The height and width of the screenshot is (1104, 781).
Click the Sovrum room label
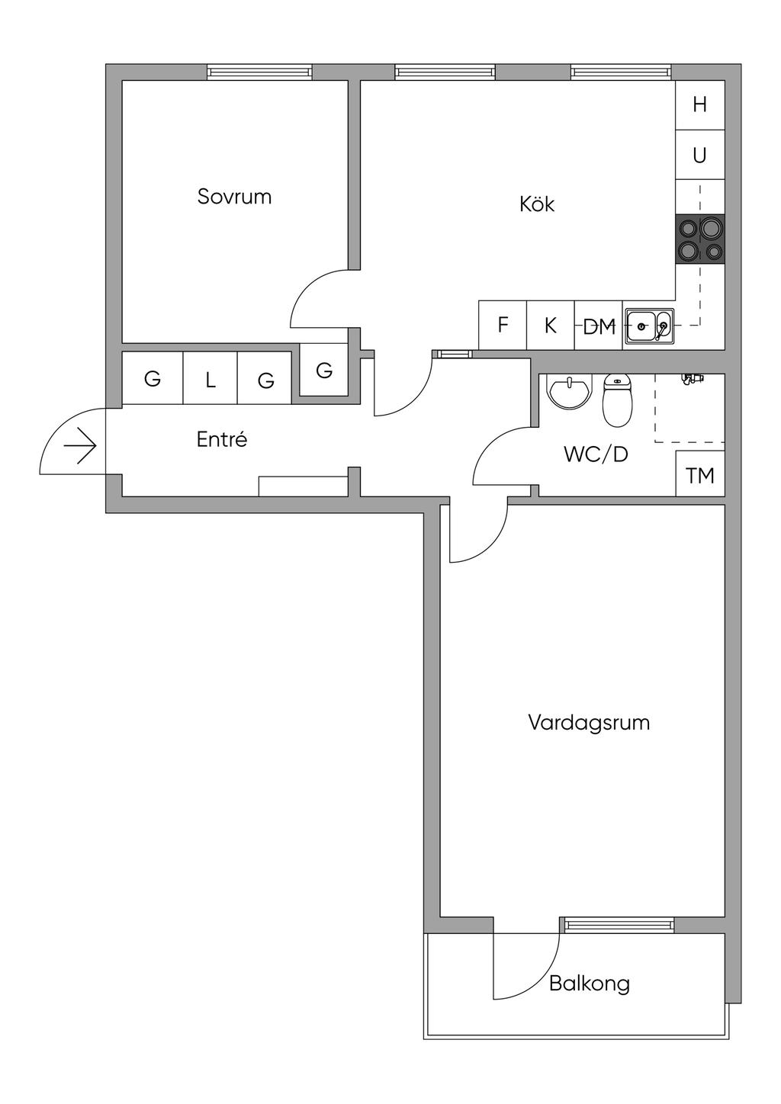point(234,197)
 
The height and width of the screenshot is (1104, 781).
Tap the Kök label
point(537,204)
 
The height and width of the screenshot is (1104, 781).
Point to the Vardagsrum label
point(589,723)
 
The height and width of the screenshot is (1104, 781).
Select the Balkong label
point(590,984)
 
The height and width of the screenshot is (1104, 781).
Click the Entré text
point(222,438)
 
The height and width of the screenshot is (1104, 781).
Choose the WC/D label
point(596,454)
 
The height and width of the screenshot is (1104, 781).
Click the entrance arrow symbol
point(80,447)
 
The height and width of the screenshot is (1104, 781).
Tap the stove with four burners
point(700,239)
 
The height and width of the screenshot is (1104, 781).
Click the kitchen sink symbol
point(648,326)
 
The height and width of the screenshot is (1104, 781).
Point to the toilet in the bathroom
point(616,400)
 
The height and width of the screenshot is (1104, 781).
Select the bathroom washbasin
point(569,393)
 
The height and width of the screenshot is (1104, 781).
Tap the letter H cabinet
point(700,104)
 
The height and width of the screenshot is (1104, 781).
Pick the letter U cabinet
point(700,155)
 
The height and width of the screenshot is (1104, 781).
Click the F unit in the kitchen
point(503,326)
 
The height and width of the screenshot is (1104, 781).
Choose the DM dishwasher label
point(599,326)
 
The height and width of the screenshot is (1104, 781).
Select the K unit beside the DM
point(550,326)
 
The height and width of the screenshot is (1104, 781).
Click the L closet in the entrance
point(210,378)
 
